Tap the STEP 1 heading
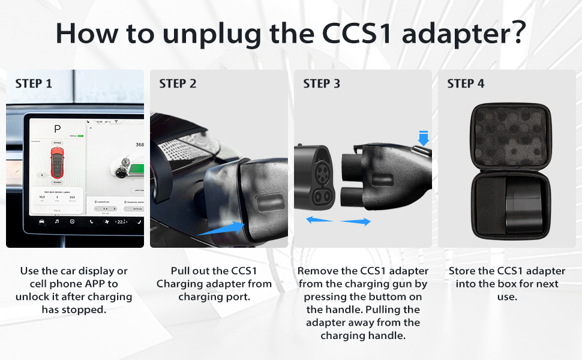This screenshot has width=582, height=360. [x=34, y=84]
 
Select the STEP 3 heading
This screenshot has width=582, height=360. [x=322, y=84]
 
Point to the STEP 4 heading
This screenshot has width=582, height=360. [x=466, y=84]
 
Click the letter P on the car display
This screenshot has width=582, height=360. [x=58, y=130]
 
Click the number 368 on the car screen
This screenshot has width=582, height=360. [x=139, y=145]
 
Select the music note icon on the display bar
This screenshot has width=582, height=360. [x=57, y=221]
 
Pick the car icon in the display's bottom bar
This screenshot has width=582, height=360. [x=41, y=221]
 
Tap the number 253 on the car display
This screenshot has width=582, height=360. [x=73, y=196]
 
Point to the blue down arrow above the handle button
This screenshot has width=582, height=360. [x=424, y=139]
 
